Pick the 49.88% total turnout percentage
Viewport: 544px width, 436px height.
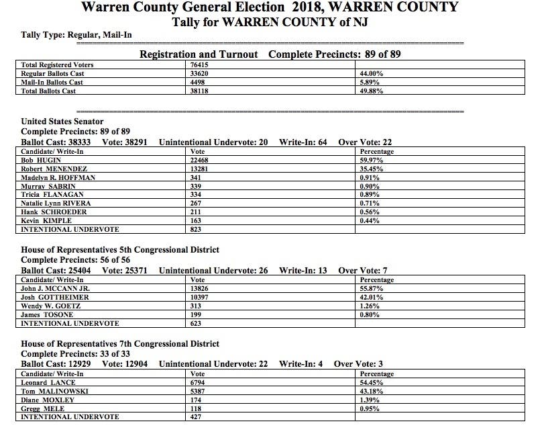372,91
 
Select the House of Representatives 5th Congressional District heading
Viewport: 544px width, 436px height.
120,250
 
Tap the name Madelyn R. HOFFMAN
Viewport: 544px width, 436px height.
58,177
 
